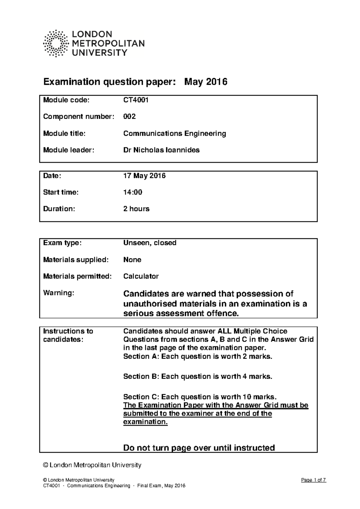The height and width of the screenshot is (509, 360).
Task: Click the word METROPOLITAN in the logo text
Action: click(108, 43)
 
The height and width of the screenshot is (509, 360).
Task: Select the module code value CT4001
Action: click(136, 100)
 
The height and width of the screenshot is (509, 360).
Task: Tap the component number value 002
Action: click(130, 117)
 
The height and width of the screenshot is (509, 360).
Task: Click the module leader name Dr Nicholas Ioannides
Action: click(161, 150)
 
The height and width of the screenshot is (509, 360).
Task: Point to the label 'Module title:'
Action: click(64, 133)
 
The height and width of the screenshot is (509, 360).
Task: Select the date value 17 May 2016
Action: click(144, 176)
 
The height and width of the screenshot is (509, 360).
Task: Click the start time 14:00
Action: click(133, 192)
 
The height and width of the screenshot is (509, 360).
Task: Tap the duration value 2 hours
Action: click(136, 209)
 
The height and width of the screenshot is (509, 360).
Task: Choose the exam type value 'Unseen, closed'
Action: click(150, 243)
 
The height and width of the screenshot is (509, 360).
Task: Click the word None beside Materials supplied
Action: click(132, 260)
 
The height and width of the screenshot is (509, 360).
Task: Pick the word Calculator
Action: click(141, 276)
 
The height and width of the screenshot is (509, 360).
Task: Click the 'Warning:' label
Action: click(58, 293)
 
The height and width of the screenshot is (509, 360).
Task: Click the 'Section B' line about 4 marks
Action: click(198, 377)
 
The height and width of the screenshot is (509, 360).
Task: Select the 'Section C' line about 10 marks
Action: click(199, 397)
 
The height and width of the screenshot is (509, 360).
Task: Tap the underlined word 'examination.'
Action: click(145, 422)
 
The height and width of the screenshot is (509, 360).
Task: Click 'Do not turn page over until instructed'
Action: click(199, 448)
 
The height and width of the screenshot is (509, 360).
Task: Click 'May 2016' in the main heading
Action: click(206, 82)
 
